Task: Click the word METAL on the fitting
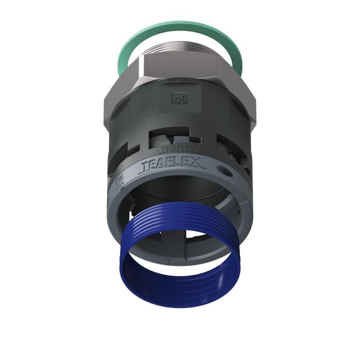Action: point(180,81)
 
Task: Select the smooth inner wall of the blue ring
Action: point(180,288)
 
